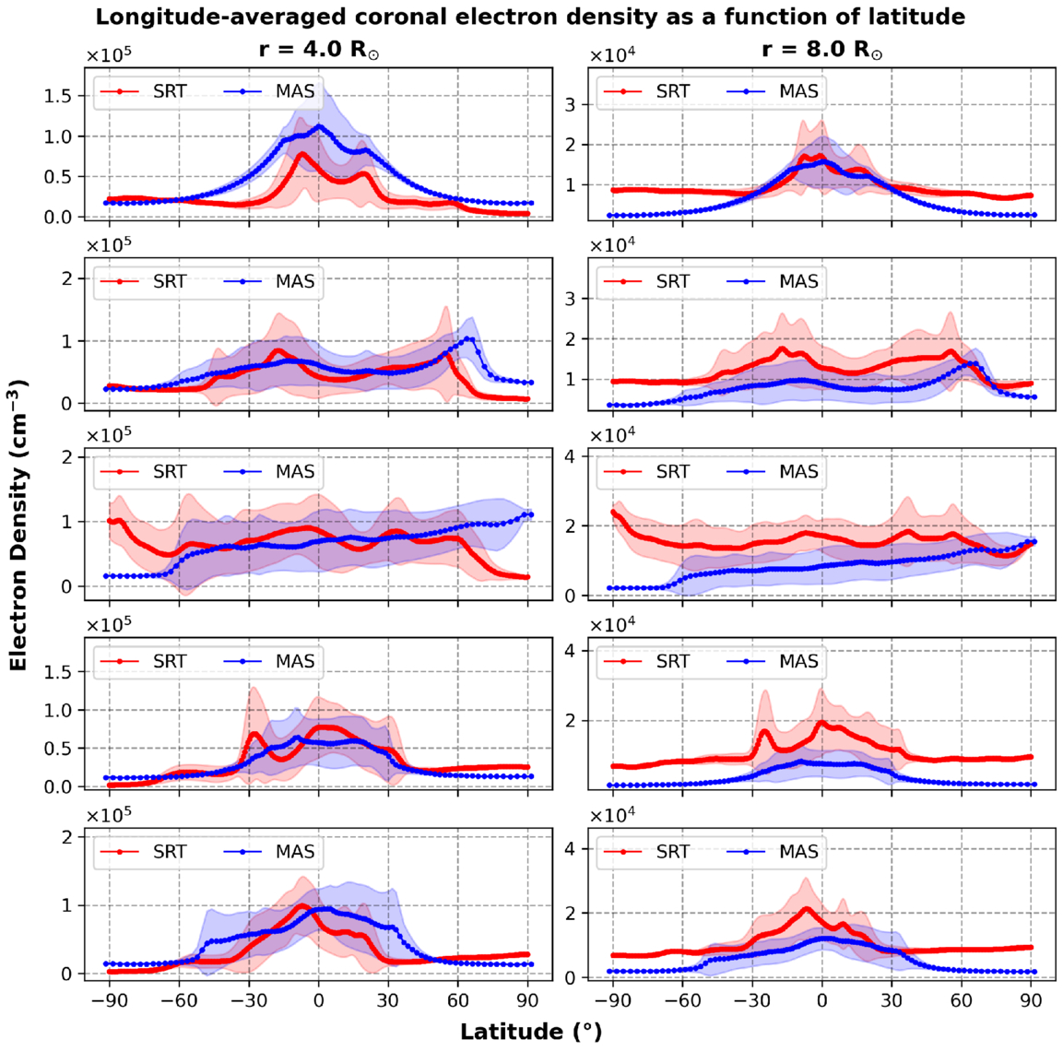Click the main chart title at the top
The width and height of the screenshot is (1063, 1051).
[530, 17]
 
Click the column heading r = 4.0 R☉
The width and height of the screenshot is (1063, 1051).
[318, 49]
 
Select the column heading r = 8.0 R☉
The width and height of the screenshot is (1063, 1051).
[821, 49]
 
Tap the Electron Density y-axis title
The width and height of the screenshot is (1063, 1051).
[18, 525]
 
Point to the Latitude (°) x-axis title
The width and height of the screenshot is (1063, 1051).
[530, 1032]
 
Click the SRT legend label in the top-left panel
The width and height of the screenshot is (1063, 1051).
[170, 91]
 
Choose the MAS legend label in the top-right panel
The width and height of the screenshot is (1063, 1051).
[798, 91]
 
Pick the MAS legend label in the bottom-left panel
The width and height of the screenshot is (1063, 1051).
[295, 852]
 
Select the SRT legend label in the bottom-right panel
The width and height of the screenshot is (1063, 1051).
[673, 852]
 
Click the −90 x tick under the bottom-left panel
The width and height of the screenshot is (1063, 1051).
[109, 998]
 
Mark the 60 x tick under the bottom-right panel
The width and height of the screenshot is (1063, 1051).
[961, 998]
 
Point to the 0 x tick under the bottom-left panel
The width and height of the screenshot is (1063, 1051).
[318, 998]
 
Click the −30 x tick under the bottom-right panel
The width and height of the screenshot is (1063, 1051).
[752, 998]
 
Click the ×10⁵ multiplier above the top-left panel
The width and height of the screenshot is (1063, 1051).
[109, 56]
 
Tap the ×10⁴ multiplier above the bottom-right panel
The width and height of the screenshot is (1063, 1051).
[612, 817]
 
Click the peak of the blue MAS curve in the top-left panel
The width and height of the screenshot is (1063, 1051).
[319, 126]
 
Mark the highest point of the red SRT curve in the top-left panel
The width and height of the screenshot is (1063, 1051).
[301, 154]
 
